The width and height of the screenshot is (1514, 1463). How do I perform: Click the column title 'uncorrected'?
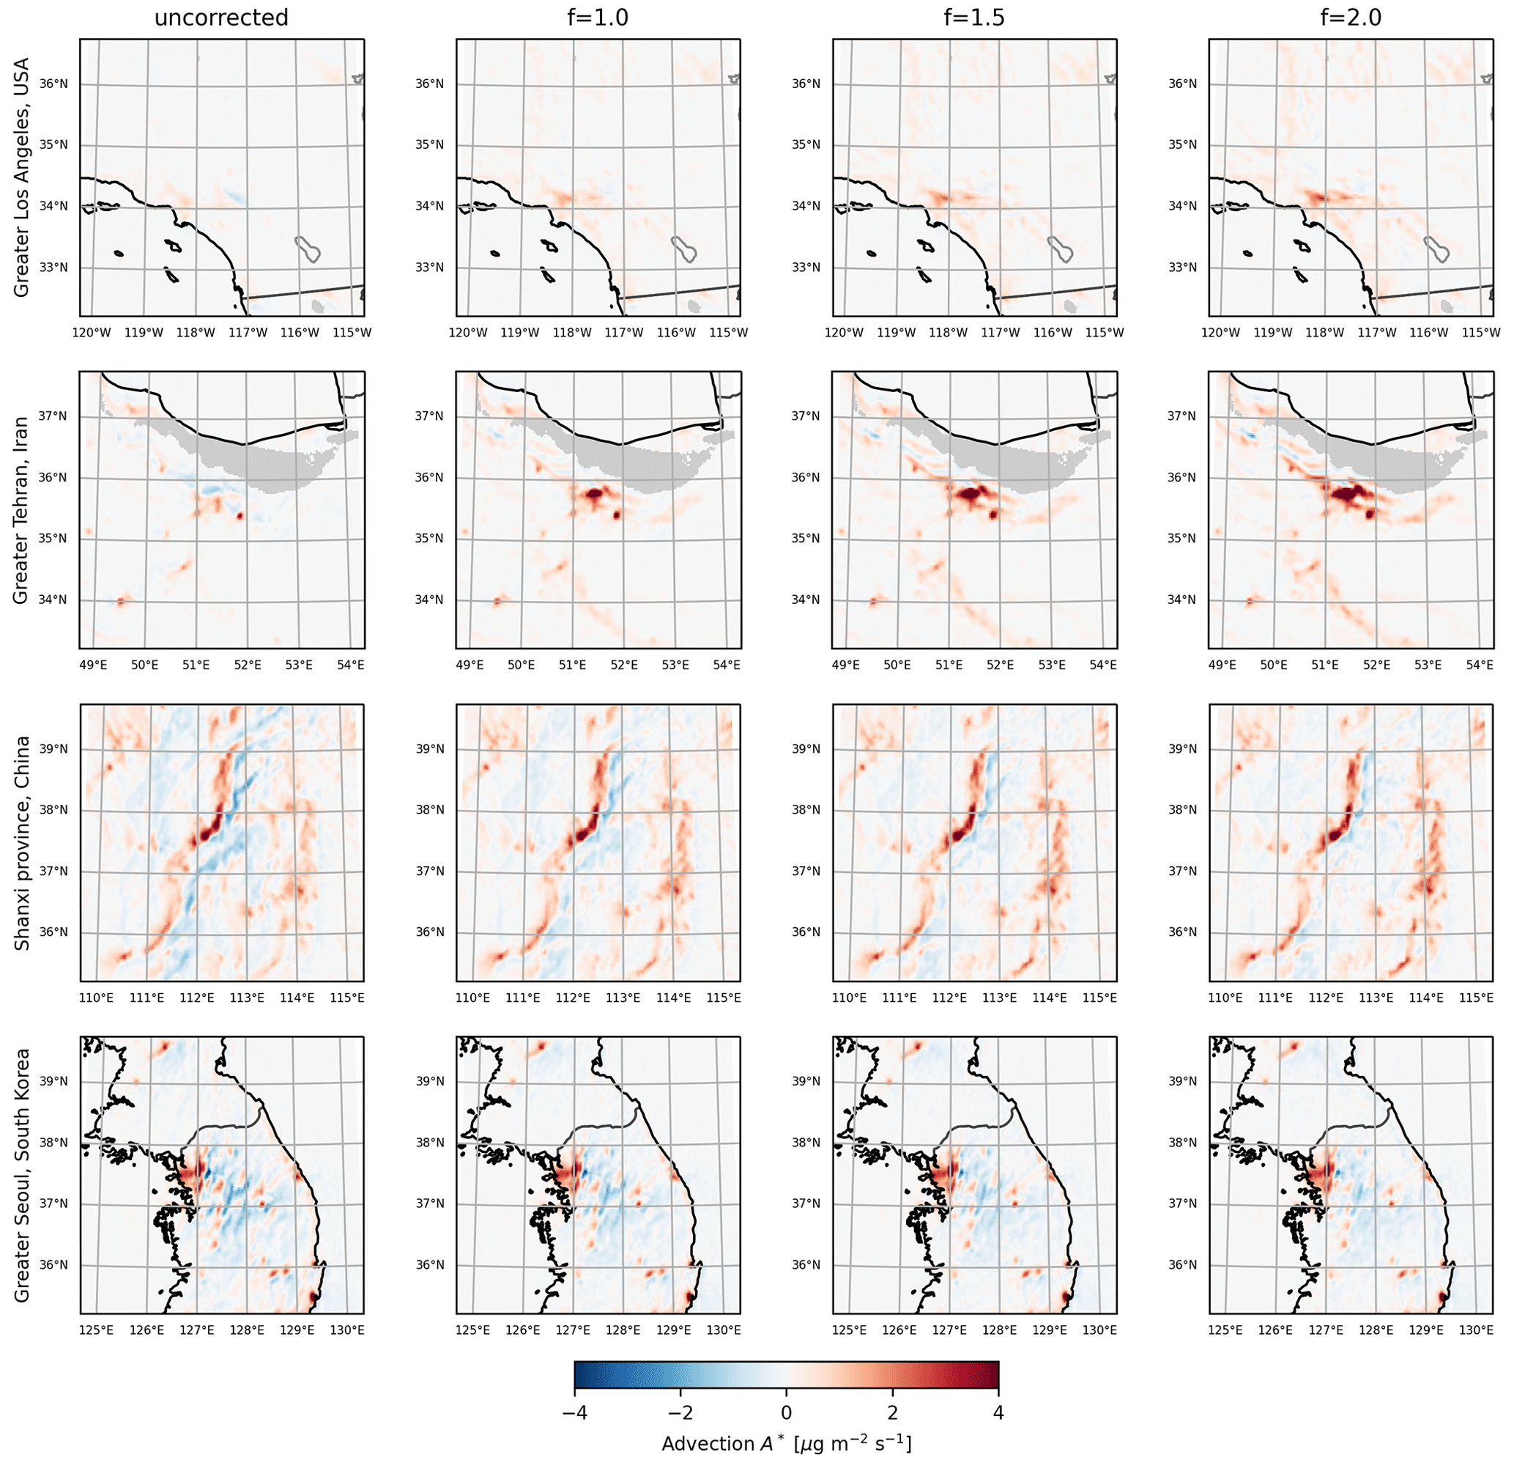click(221, 18)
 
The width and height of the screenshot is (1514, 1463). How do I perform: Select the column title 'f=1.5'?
click(974, 18)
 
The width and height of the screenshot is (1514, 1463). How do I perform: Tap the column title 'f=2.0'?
click(1350, 18)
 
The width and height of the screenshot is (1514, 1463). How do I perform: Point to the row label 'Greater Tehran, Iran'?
click(21, 510)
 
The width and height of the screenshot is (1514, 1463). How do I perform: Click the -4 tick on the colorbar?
click(575, 1412)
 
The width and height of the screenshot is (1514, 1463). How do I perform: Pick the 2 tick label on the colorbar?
click(892, 1412)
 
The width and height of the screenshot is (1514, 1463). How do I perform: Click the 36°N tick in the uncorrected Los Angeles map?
click(53, 84)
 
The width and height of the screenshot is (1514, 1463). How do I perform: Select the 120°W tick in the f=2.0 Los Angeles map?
click(1220, 333)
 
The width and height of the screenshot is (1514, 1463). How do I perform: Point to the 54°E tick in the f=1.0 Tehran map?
click(727, 666)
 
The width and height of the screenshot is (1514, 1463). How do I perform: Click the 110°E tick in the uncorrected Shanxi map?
click(97, 998)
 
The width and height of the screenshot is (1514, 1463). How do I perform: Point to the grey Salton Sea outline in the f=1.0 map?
click(684, 249)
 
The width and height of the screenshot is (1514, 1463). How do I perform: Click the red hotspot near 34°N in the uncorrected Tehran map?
click(121, 600)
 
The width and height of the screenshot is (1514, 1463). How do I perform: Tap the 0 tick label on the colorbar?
click(787, 1412)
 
